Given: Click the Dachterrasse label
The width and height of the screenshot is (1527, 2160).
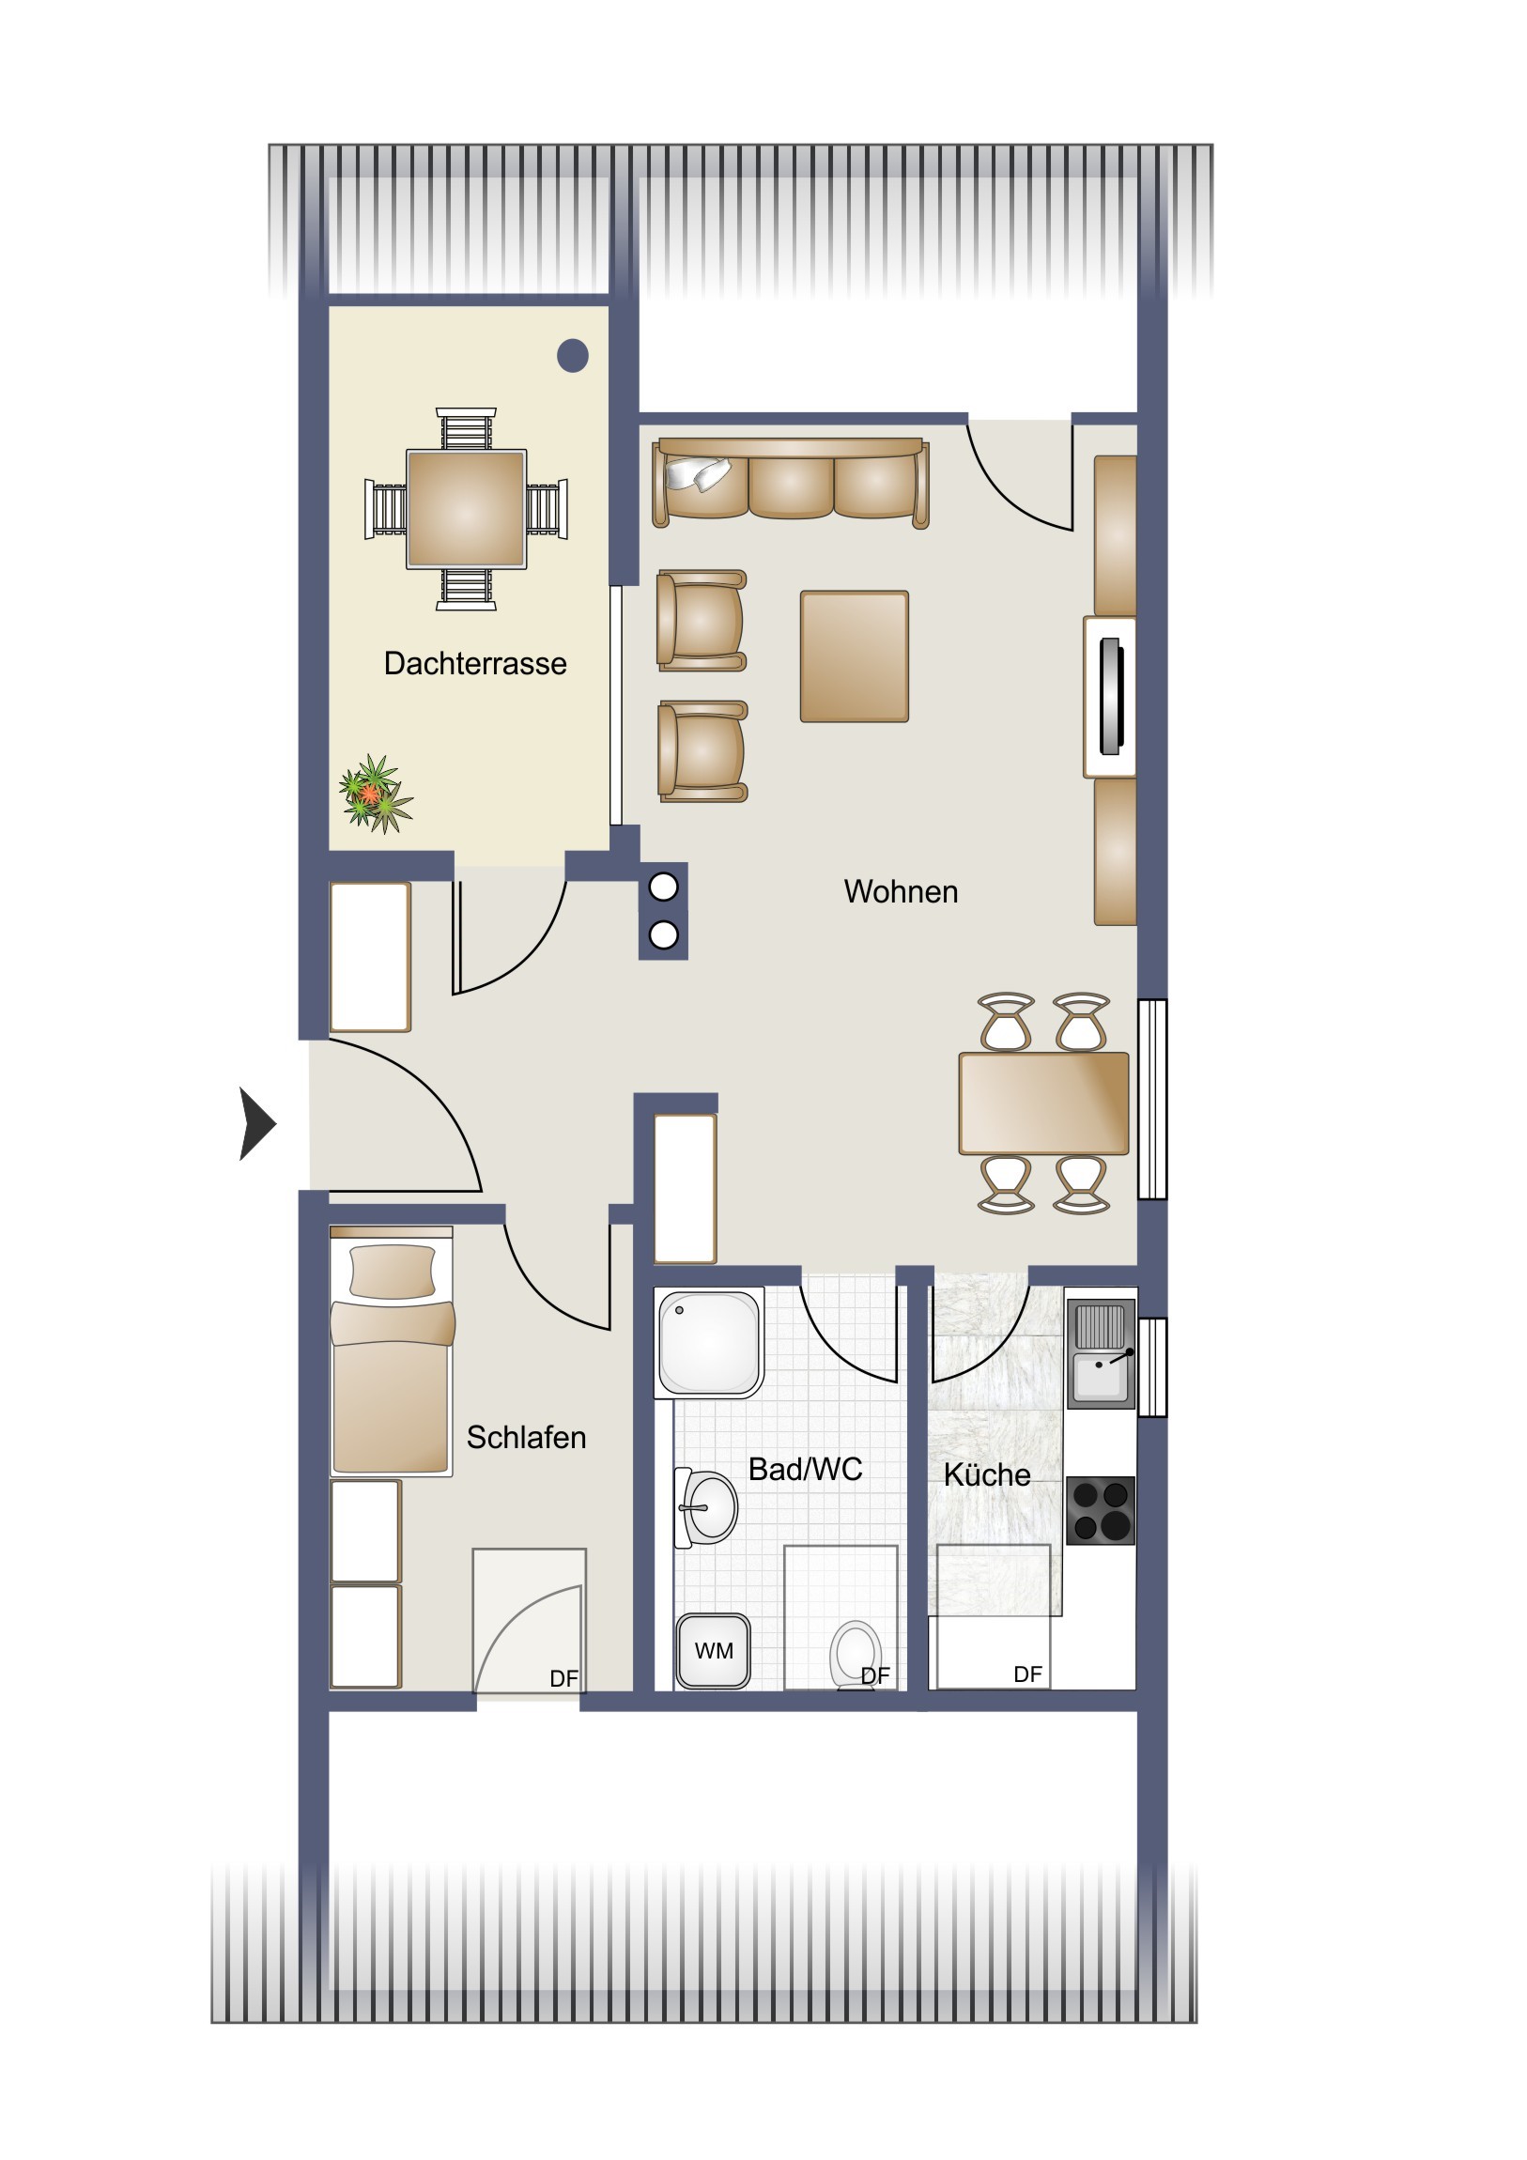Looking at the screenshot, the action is [475, 663].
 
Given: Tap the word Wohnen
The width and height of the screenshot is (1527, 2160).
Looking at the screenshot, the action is [901, 891].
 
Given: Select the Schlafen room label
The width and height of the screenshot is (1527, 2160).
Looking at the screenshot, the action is [526, 1437].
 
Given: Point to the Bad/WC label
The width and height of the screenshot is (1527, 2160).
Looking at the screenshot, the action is [806, 1469].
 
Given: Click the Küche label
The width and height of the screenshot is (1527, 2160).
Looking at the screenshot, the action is [987, 1474].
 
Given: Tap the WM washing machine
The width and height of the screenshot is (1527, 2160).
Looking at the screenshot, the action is [713, 1651].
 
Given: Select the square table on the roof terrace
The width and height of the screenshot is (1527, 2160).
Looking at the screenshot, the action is [466, 509].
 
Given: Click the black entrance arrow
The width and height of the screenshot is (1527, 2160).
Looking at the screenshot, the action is [257, 1123].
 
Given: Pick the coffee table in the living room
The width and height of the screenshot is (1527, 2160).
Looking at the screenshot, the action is [855, 656].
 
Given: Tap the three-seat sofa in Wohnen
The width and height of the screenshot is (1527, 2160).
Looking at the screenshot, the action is [792, 480].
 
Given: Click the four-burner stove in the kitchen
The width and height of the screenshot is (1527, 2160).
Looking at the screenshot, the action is [1101, 1510].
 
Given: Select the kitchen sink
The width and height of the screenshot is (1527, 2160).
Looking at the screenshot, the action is [1101, 1354].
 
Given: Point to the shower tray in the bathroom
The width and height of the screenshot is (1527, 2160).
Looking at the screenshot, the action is [709, 1342].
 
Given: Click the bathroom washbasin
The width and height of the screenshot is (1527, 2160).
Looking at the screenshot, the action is [706, 1507].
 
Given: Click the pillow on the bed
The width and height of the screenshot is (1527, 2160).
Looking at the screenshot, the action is [393, 1272].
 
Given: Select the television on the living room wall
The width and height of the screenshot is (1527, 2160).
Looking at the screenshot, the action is [1111, 696].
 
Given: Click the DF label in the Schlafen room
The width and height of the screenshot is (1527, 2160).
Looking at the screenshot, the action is [563, 1677].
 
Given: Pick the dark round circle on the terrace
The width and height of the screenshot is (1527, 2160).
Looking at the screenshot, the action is [573, 356].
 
